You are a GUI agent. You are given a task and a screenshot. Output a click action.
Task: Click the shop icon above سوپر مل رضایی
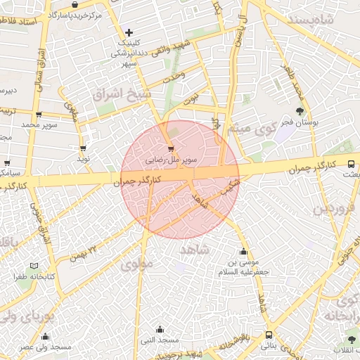(x=171, y=148)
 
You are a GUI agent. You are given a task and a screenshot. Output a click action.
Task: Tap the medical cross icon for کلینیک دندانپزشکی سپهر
(x=129, y=32)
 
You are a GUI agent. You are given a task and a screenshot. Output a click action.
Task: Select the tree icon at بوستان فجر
(x=300, y=110)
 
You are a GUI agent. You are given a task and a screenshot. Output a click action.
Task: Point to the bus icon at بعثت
(x=352, y=165)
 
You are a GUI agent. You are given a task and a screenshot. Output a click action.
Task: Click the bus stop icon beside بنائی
(x=269, y=335)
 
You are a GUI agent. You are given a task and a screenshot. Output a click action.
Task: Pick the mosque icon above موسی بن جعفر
(x=243, y=252)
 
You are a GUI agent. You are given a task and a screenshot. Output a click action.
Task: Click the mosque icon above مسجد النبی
(x=160, y=329)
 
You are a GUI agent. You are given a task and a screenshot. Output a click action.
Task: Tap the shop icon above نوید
(x=84, y=148)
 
